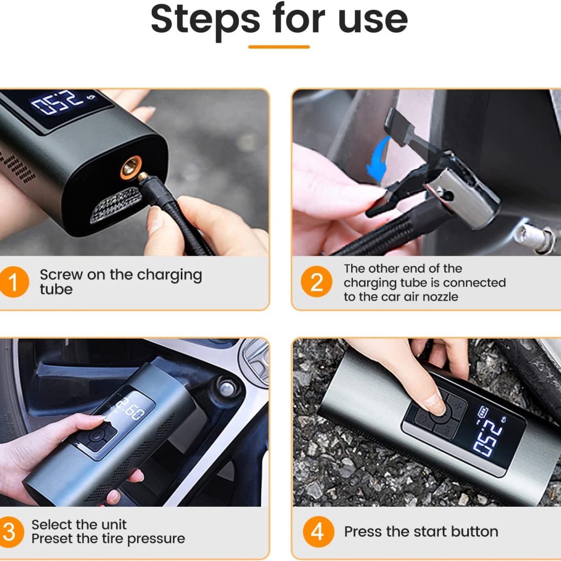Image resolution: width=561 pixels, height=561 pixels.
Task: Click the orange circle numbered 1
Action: (x=14, y=282)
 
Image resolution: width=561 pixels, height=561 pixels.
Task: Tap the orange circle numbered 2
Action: (x=316, y=282)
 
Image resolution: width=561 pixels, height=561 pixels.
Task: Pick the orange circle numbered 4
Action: (x=318, y=531)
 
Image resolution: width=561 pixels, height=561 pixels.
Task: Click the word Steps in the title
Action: (x=205, y=20)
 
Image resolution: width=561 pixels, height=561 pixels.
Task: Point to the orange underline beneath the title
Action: (x=279, y=47)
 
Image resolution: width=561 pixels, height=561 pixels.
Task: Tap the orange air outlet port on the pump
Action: (x=130, y=167)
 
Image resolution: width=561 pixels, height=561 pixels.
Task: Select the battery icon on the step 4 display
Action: (x=482, y=412)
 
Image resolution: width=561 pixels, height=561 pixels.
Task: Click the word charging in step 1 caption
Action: (x=169, y=276)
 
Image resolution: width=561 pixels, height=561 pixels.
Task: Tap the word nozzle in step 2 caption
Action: (x=443, y=296)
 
